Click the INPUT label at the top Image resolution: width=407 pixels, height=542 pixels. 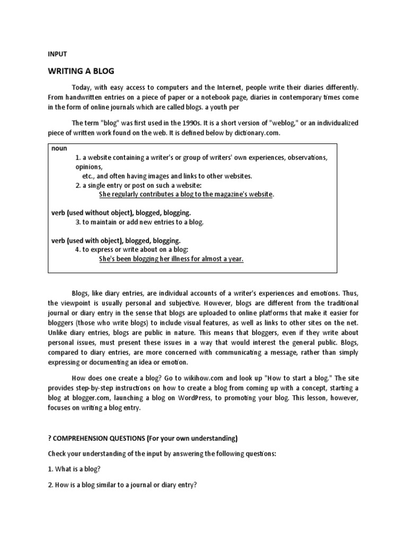57,53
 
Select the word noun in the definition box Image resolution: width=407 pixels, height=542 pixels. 59,148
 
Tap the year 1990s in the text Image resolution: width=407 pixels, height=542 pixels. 190,123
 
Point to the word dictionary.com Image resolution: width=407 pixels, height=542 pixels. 256,133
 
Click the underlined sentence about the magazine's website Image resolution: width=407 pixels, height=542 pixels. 187,194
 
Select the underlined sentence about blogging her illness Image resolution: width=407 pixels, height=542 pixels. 171,259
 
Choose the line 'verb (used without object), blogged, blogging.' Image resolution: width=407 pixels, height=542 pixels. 121,213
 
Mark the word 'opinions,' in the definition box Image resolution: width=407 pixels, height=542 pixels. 88,167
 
